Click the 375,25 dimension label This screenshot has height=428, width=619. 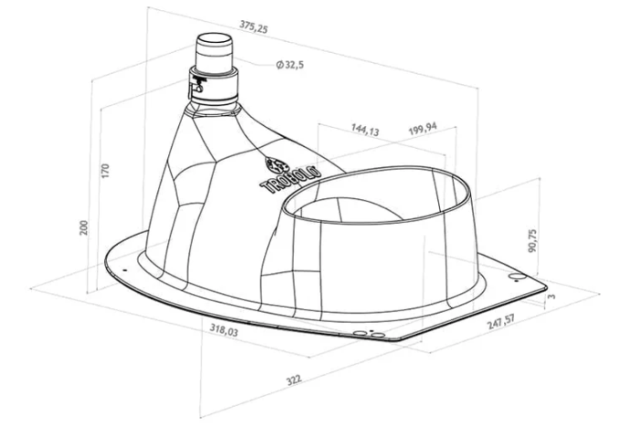pos(254,26)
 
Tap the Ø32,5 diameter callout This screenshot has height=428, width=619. pos(290,64)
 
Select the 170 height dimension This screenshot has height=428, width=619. pos(105,171)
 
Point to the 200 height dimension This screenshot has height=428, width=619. pos(84,228)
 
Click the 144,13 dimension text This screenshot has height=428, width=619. pos(365,129)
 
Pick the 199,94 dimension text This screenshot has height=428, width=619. pos(423,129)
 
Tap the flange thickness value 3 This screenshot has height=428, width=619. pos(551,296)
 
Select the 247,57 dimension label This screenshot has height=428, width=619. pos(501,322)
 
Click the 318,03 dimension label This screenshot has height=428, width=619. pos(225,329)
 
